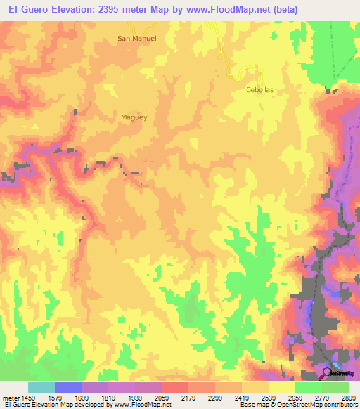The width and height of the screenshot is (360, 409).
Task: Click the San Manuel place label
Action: (x=136, y=39)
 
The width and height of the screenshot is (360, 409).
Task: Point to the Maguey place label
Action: (x=134, y=117)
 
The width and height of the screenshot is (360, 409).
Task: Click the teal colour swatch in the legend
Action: (x=41, y=387)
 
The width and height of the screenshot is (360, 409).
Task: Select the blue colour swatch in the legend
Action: (x=68, y=387)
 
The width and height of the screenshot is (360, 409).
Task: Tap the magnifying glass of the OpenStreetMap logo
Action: (x=328, y=372)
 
